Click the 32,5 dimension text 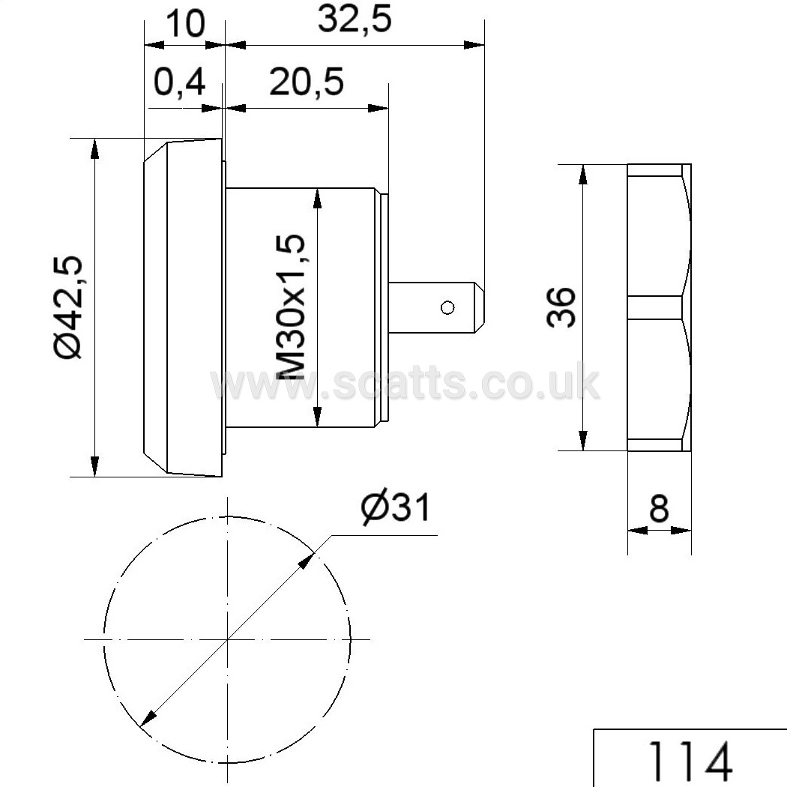tap(355, 20)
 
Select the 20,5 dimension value tap(307, 82)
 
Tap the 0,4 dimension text tap(179, 82)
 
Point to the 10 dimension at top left tap(185, 22)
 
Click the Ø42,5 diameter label tap(69, 307)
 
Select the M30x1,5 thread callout tap(291, 307)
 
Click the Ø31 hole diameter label tap(396, 508)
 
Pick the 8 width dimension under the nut tap(659, 508)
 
